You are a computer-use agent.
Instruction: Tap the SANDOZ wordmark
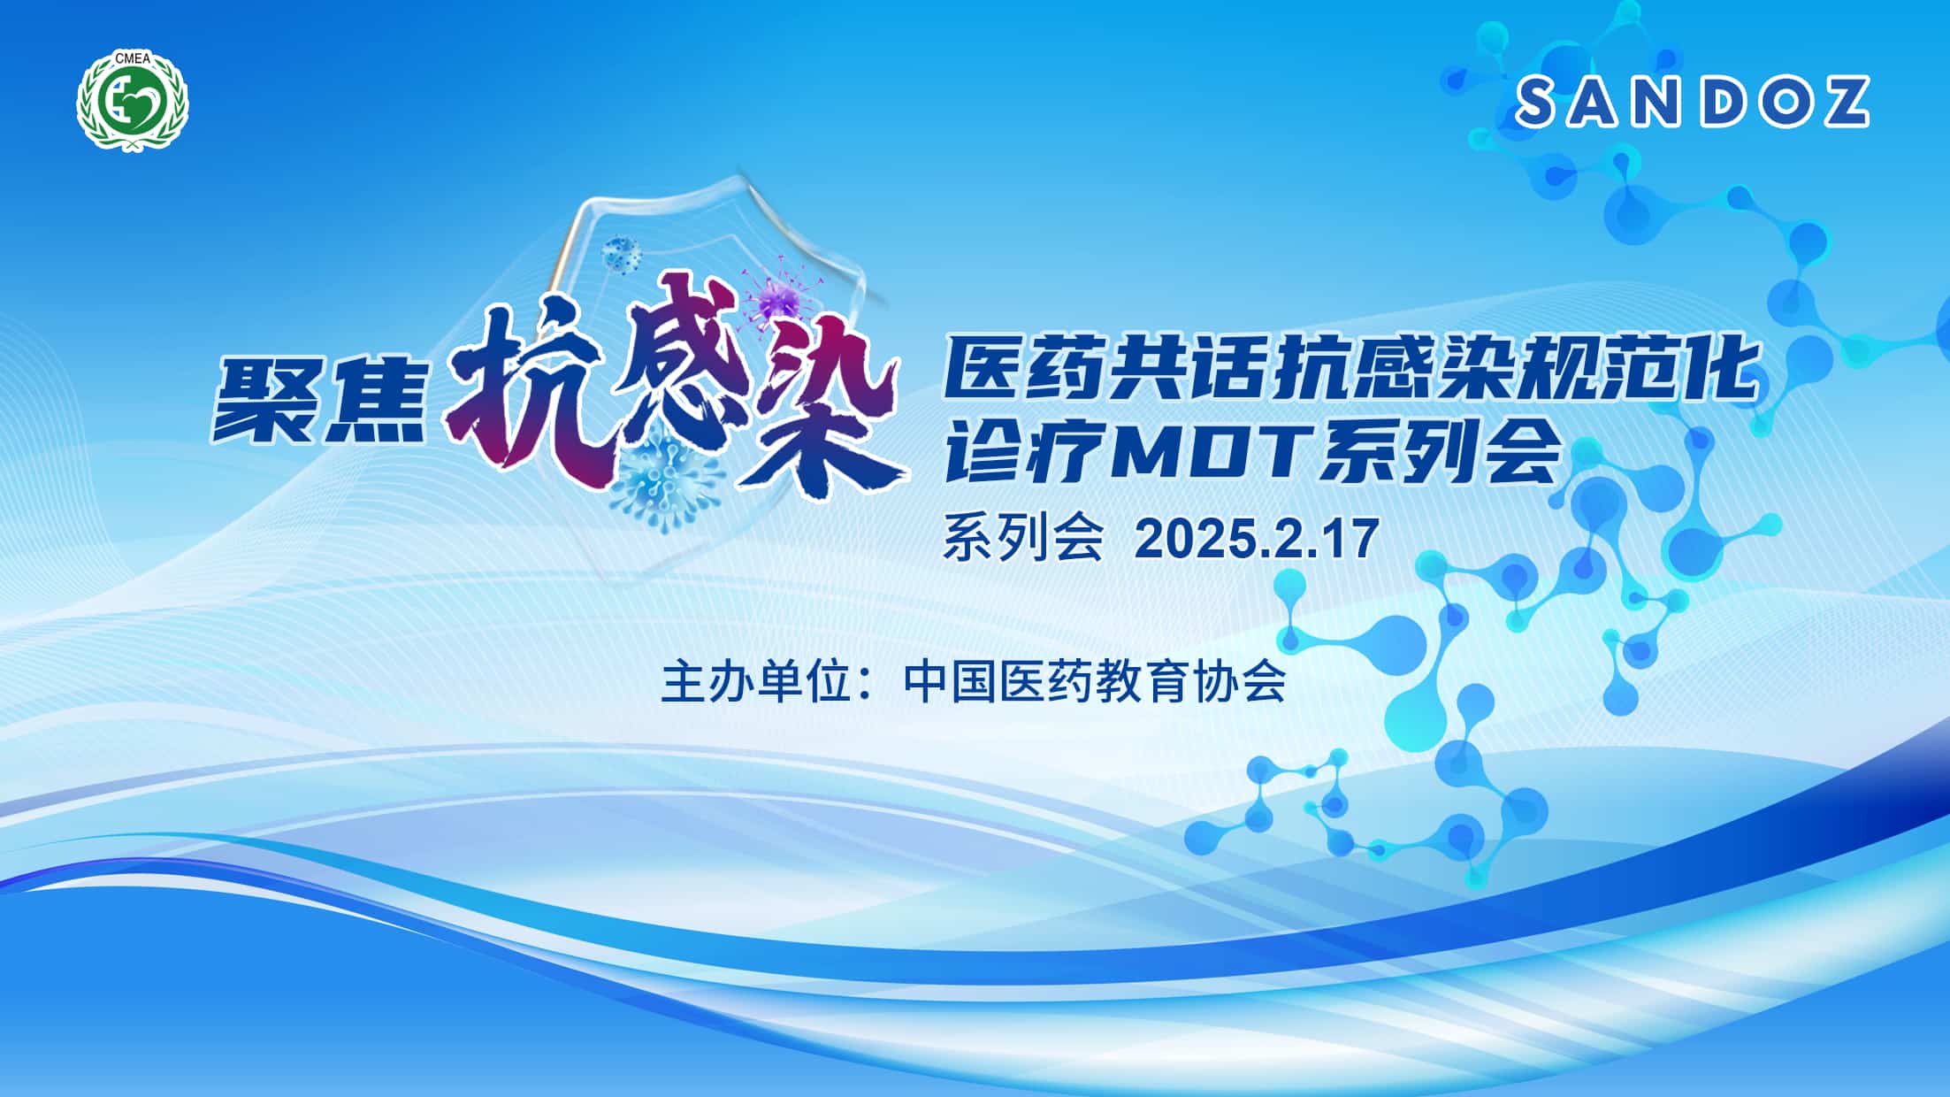(1693, 101)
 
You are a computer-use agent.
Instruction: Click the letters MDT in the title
(1208, 453)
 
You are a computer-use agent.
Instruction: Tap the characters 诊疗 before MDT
(1018, 452)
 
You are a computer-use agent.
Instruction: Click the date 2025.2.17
(1257, 538)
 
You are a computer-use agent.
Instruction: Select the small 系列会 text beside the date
(1024, 538)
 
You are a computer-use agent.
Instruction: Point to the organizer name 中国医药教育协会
(1095, 682)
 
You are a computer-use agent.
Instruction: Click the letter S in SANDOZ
(1541, 101)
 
